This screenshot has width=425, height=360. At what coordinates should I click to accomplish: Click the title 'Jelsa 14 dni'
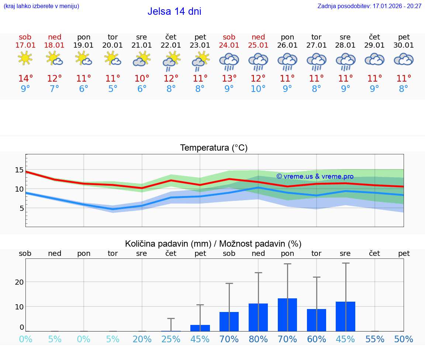pyautogui.click(x=174, y=11)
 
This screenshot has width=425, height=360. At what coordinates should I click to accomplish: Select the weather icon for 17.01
pyautogui.click(x=25, y=59)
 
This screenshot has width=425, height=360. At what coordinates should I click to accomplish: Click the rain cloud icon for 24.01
pyautogui.click(x=229, y=61)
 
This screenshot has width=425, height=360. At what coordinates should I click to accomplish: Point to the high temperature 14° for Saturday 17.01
pyautogui.click(x=25, y=79)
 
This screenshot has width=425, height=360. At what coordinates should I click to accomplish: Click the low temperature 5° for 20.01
pyautogui.click(x=113, y=89)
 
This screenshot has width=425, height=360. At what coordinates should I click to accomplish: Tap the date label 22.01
pyautogui.click(x=171, y=45)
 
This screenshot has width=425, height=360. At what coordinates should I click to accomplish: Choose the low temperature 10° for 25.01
pyautogui.click(x=258, y=89)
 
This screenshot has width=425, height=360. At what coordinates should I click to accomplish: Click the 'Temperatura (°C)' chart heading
pyautogui.click(x=214, y=148)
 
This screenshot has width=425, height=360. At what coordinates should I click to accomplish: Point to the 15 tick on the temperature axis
pyautogui.click(x=20, y=170)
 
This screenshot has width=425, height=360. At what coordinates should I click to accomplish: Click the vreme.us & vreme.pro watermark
pyautogui.click(x=315, y=176)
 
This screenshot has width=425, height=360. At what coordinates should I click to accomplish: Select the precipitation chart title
pyautogui.click(x=213, y=244)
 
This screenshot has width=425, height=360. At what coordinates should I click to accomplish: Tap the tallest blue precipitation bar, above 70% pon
pyautogui.click(x=287, y=315)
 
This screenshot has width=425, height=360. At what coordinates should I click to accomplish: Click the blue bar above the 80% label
pyautogui.click(x=258, y=317)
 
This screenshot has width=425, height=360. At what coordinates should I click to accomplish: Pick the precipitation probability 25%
pyautogui.click(x=171, y=339)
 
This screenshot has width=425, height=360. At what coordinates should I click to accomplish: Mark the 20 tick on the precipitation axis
pyautogui.click(x=19, y=282)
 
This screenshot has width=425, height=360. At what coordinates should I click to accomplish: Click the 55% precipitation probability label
pyautogui.click(x=375, y=339)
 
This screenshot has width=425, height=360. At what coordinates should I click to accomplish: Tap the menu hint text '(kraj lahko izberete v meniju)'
pyautogui.click(x=41, y=6)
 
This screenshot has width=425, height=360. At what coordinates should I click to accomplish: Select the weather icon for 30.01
pyautogui.click(x=404, y=59)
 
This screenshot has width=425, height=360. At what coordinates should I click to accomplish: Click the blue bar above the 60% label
pyautogui.click(x=317, y=320)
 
